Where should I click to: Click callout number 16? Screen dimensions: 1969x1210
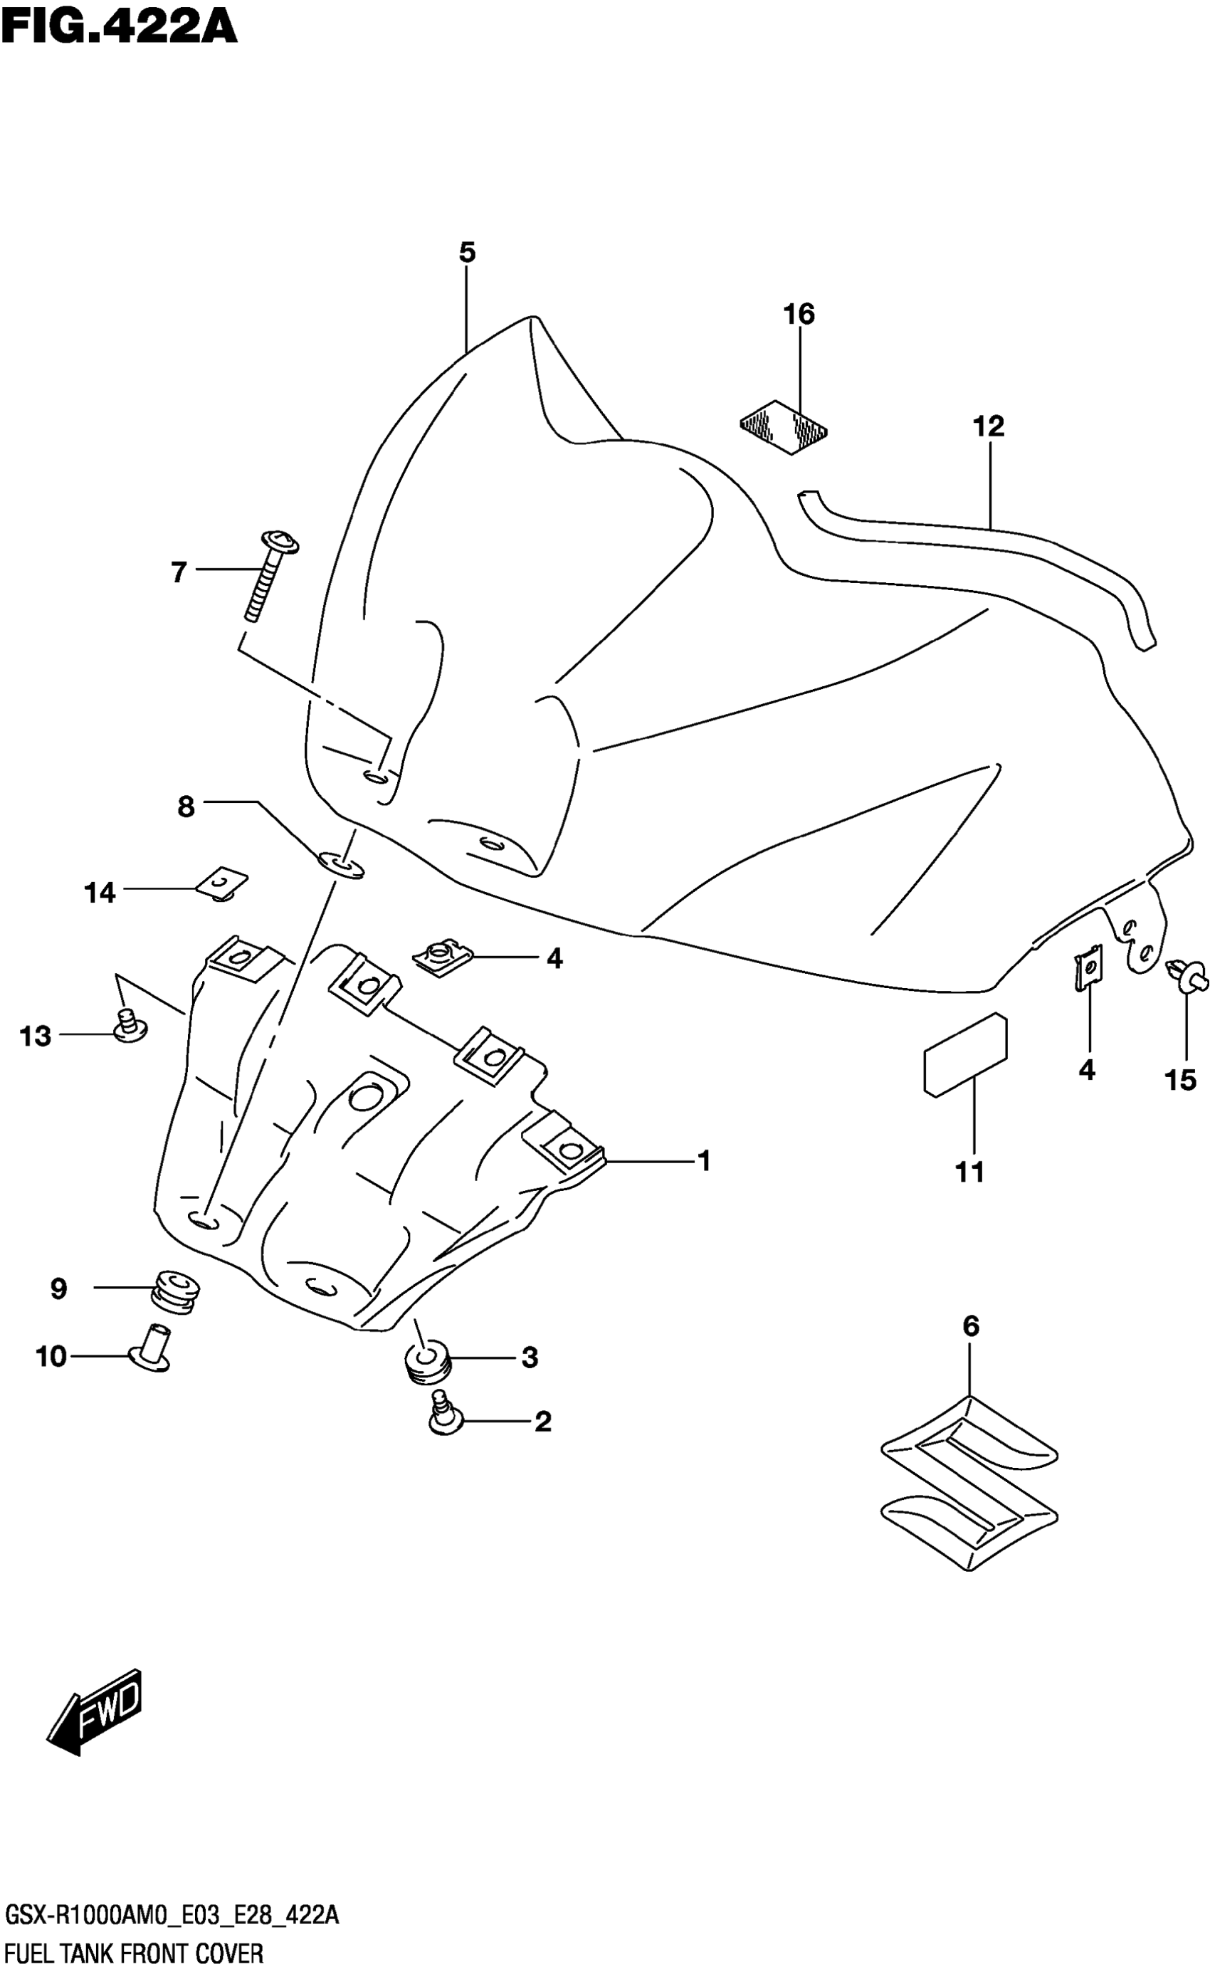pos(799,315)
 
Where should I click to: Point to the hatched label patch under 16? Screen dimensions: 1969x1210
pos(784,426)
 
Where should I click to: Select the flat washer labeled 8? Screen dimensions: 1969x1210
pos(340,864)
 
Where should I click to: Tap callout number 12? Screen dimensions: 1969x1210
pos(989,426)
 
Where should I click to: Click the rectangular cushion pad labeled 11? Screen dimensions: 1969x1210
pos(965,1055)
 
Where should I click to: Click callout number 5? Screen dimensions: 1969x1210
pos(468,253)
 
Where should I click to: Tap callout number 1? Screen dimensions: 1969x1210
pos(704,1160)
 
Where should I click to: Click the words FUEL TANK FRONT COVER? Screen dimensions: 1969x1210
pos(134,1949)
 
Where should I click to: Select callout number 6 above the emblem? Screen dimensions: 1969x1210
pos(970,1326)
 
